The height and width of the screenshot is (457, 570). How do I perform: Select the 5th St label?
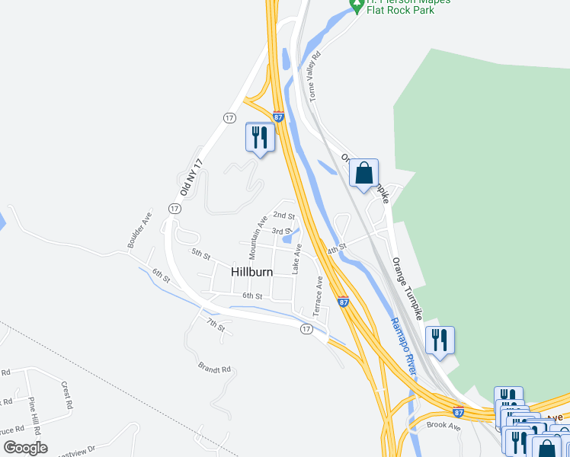[x=200, y=253]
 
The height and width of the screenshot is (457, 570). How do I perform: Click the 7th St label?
[x=216, y=325]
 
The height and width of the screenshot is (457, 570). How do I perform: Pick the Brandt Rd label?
[x=214, y=369]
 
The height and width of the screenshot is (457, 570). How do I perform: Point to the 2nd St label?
[x=284, y=216]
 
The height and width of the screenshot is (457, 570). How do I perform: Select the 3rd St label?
[x=282, y=231]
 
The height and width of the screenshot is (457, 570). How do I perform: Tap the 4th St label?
[x=337, y=249]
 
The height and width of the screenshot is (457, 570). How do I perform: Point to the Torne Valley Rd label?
[x=315, y=77]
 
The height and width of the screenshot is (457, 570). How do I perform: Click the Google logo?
[x=26, y=447]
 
